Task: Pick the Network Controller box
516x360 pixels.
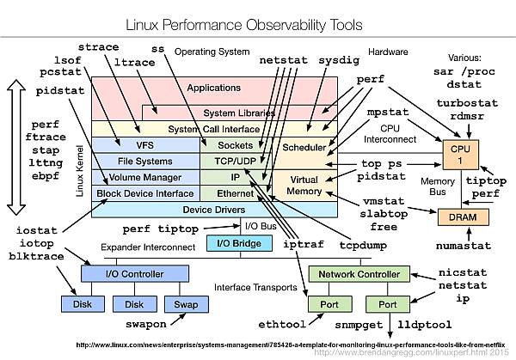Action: [x=352, y=273]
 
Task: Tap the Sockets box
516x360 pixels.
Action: [x=235, y=145]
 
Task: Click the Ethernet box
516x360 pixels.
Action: [x=235, y=193]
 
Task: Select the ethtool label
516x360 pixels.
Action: [x=282, y=326]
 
